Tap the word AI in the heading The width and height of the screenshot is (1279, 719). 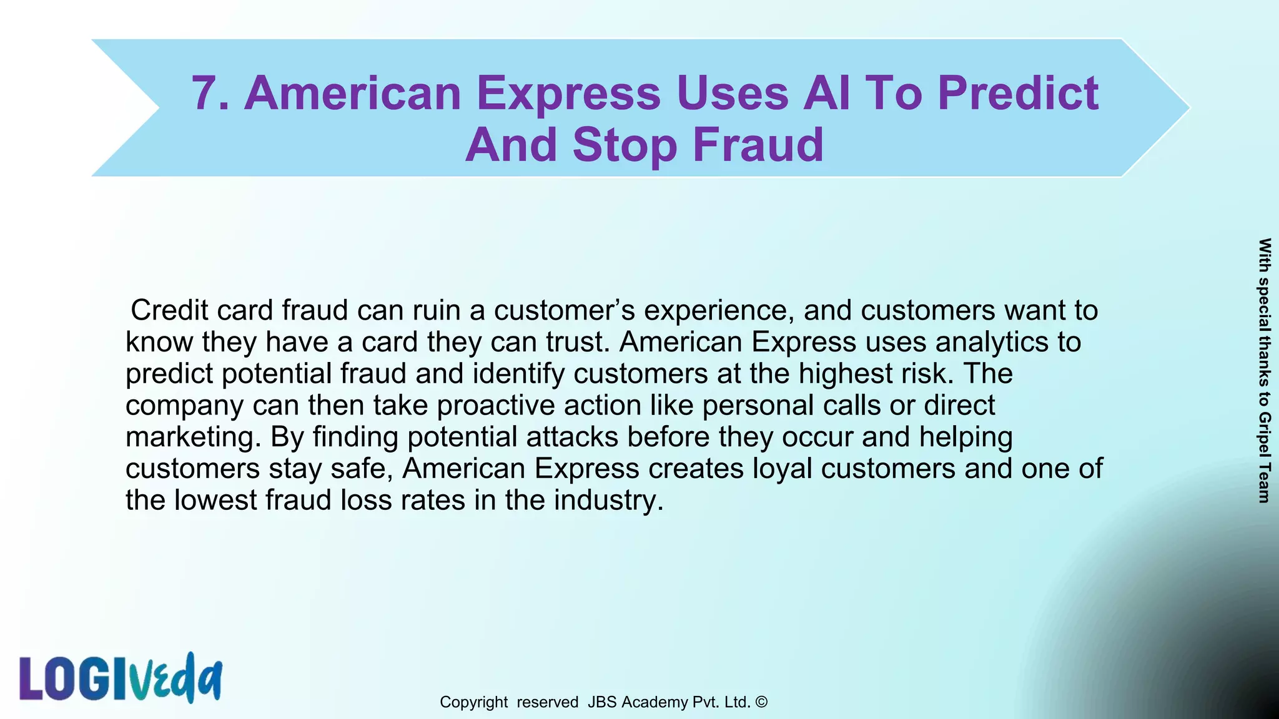click(827, 94)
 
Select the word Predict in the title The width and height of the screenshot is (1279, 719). click(1017, 94)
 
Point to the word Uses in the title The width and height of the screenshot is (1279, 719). click(731, 94)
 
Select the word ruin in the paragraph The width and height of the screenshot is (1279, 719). click(432, 310)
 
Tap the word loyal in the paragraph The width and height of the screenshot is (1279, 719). click(782, 469)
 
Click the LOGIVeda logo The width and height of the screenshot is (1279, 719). click(121, 678)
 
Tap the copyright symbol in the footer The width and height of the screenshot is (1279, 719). click(761, 702)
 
